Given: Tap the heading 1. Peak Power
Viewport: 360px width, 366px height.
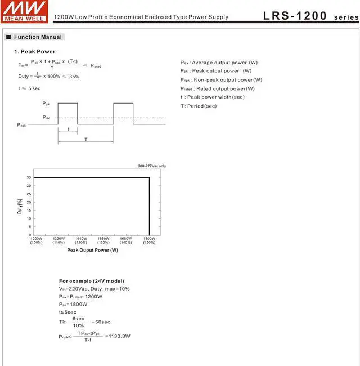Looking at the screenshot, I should tap(35, 52).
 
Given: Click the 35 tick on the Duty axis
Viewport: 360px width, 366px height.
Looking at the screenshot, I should tap(29, 177).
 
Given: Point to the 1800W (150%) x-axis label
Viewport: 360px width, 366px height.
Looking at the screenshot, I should tap(149, 240).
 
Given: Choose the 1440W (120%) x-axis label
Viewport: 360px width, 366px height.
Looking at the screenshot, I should tap(81, 240).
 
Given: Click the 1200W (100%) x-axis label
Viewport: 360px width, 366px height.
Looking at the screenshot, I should tap(36, 240).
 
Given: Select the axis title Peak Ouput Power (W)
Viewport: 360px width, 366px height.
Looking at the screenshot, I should tap(92, 250).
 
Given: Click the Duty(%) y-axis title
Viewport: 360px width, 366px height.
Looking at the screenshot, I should tap(20, 206).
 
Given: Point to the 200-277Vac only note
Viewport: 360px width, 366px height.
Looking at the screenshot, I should tap(152, 166).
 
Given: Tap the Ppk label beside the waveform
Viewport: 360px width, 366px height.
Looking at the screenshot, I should tap(46, 104).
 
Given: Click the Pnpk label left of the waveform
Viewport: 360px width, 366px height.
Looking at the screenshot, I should tap(21, 125).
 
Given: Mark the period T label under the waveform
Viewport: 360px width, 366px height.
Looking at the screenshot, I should tap(85, 139).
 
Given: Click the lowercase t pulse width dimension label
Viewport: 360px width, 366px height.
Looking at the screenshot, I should tap(67, 129).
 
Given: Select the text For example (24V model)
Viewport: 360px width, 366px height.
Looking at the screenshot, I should tap(92, 281).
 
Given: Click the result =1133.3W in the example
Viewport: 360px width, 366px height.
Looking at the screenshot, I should tap(118, 337).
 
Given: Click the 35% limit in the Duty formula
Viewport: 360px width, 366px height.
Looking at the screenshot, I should tap(74, 76).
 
